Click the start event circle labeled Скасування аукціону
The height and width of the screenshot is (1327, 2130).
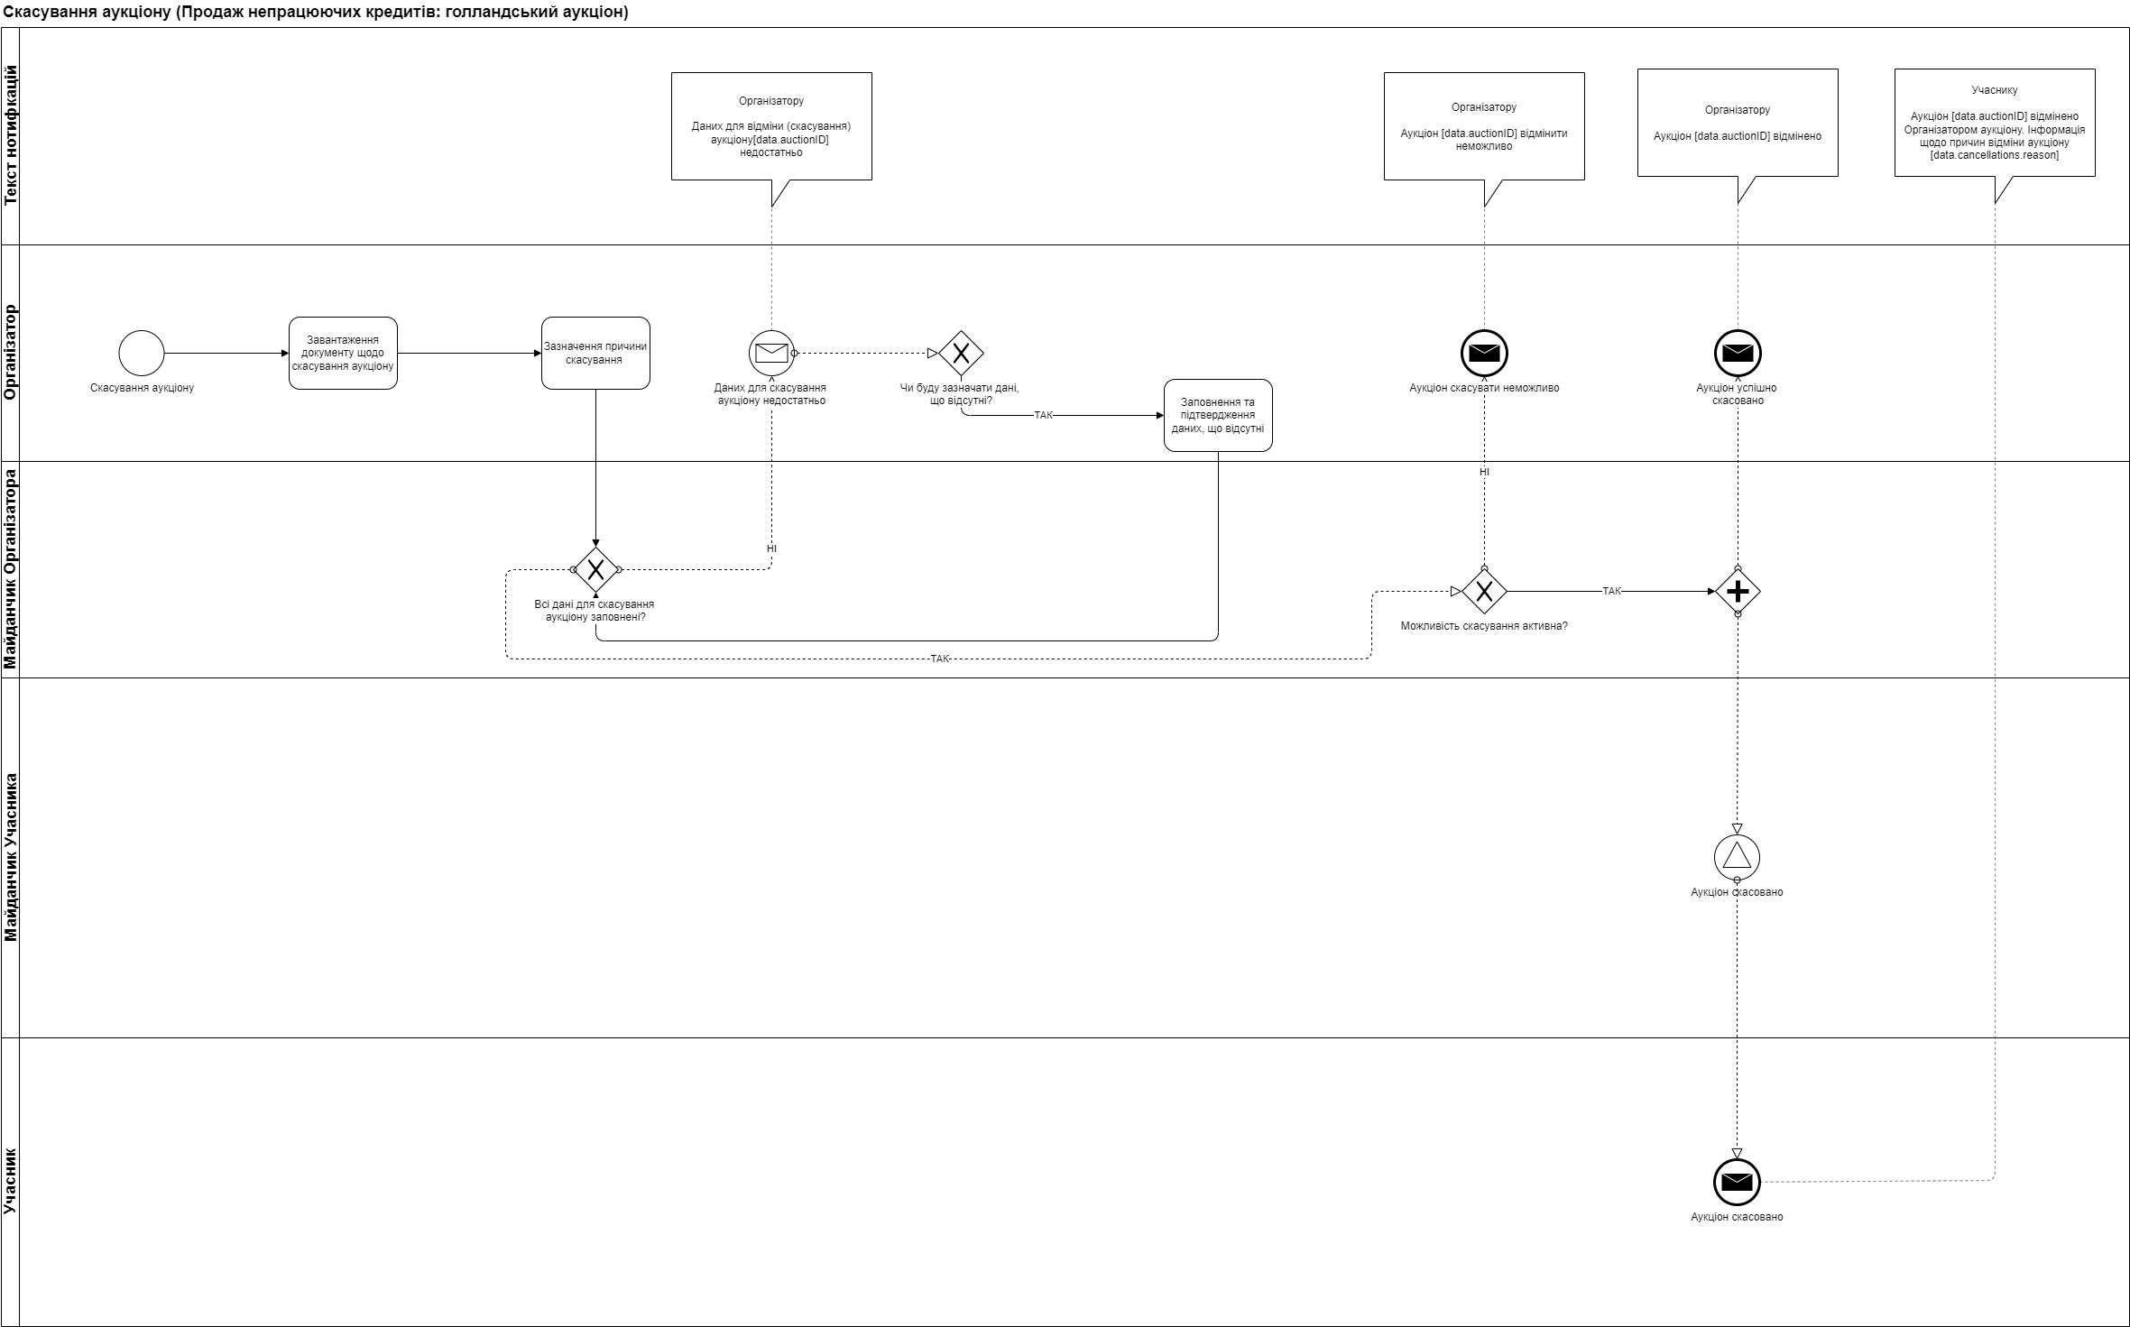pyautogui.click(x=142, y=353)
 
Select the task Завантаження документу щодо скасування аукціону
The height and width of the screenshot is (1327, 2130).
pyautogui.click(x=343, y=354)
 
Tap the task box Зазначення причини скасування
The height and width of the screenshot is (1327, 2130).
pyautogui.click(x=595, y=354)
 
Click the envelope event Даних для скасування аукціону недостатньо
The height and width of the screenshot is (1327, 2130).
pyautogui.click(x=771, y=353)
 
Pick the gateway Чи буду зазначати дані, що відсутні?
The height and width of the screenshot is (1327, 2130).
pyautogui.click(x=961, y=354)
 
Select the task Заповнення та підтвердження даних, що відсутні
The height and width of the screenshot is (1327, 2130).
pyautogui.click(x=1218, y=416)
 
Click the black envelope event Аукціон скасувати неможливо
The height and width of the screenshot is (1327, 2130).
pyautogui.click(x=1484, y=353)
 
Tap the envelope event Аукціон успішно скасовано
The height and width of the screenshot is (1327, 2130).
pyautogui.click(x=1738, y=353)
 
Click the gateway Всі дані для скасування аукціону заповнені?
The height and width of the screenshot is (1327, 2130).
pyautogui.click(x=595, y=570)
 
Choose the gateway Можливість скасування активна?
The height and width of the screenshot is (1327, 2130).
pyautogui.click(x=1484, y=592)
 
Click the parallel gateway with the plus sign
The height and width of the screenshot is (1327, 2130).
pyautogui.click(x=1738, y=592)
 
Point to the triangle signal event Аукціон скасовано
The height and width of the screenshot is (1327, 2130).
pyautogui.click(x=1737, y=856)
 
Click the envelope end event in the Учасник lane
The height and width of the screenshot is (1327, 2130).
pyautogui.click(x=1737, y=1182)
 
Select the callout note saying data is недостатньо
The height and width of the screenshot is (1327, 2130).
pyautogui.click(x=771, y=126)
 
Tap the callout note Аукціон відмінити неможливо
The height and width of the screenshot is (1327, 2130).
pyautogui.click(x=1484, y=126)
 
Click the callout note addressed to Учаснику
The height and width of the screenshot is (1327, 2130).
pyautogui.click(x=1995, y=123)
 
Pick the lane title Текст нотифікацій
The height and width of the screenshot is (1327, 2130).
pyautogui.click(x=11, y=135)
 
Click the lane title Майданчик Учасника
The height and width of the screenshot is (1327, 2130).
pyautogui.click(x=11, y=857)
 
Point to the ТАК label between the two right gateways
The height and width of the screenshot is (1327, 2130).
pyautogui.click(x=1611, y=592)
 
